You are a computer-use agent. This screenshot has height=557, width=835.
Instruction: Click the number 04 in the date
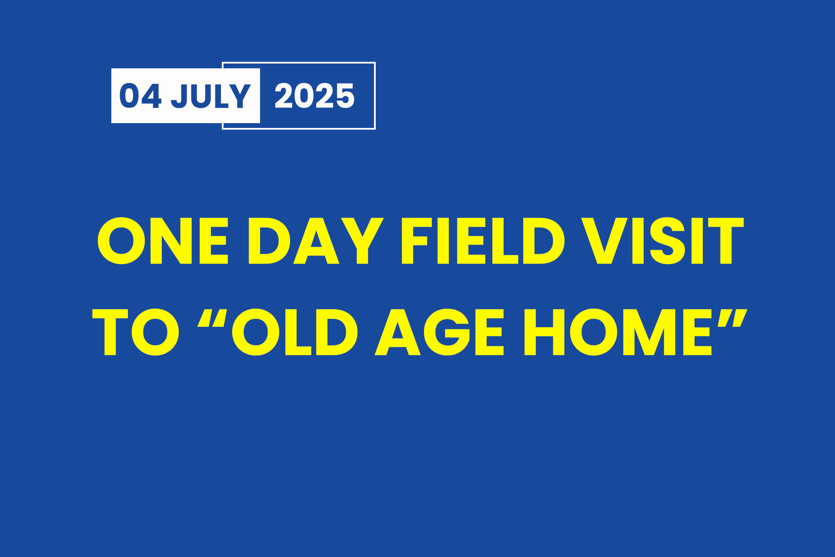tap(140, 96)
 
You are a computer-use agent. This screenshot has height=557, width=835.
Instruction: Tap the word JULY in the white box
tap(210, 96)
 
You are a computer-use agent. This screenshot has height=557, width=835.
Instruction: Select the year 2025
tap(314, 96)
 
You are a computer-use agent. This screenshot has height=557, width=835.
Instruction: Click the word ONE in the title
tap(163, 241)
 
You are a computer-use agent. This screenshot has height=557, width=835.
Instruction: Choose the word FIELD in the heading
tap(483, 241)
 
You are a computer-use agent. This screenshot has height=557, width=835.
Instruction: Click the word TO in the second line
tap(136, 332)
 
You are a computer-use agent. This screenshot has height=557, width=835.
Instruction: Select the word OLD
tap(295, 332)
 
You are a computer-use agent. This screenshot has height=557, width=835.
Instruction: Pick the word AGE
tap(439, 332)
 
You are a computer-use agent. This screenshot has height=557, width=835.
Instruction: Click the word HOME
tap(618, 332)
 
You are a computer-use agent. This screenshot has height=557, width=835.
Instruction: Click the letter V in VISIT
tap(607, 241)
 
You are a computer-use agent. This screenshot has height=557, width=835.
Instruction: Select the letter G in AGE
tap(446, 332)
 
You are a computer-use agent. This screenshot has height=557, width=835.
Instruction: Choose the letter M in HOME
tap(649, 332)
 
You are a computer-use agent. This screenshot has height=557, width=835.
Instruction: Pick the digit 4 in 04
tap(152, 96)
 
